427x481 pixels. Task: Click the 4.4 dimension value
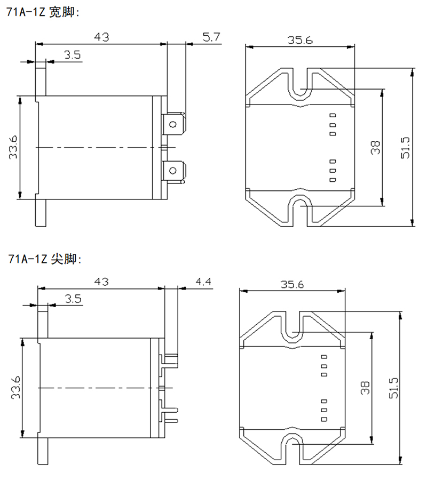[204, 281]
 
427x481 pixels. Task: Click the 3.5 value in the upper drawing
[73, 54]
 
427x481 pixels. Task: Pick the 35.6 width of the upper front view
[300, 40]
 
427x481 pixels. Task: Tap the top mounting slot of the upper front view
[301, 85]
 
